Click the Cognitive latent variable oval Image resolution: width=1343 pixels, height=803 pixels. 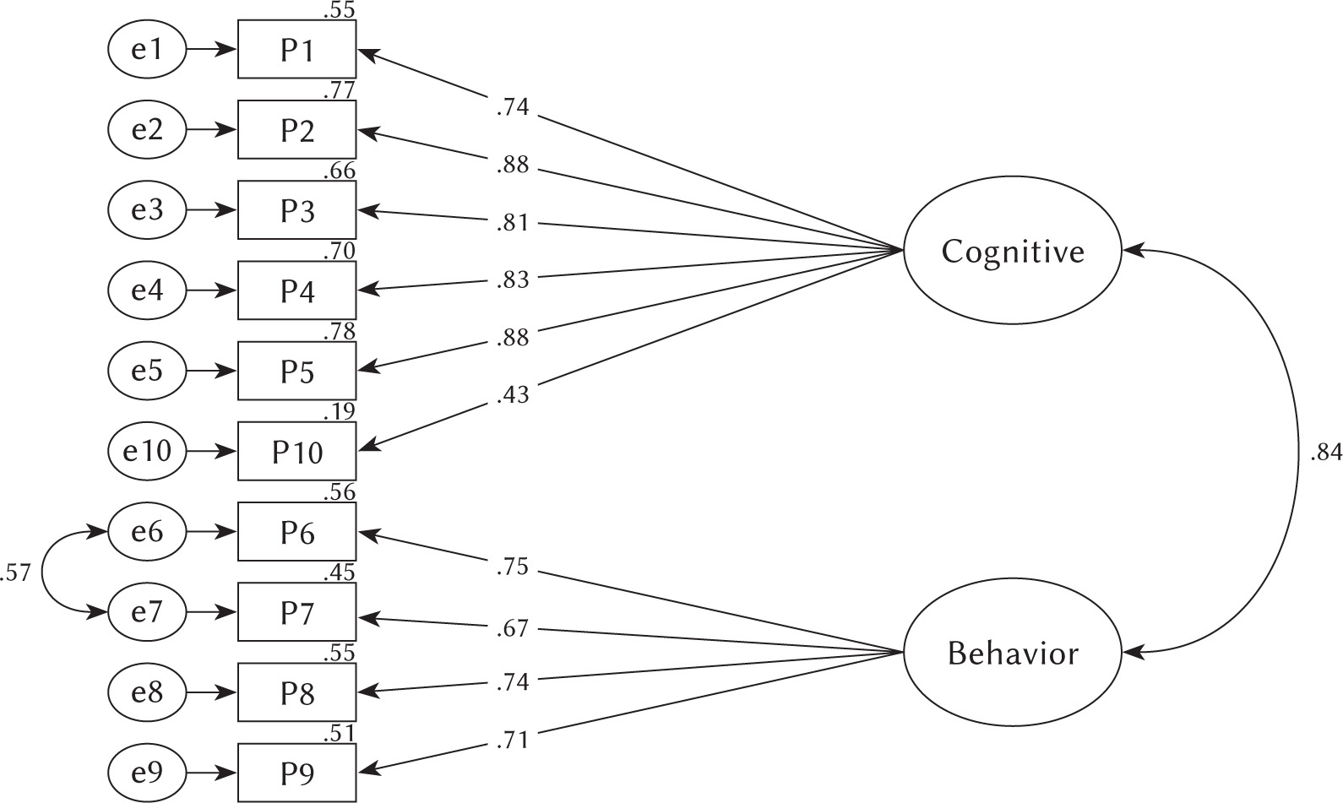1012,251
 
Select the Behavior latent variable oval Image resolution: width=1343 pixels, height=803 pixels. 1012,653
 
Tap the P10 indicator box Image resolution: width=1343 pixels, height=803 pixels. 297,452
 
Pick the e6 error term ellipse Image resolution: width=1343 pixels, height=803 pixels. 147,532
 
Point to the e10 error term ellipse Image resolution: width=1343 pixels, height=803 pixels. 147,452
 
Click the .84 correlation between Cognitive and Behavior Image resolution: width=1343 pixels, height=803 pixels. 1325,453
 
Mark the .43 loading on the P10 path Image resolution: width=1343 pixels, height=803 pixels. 513,393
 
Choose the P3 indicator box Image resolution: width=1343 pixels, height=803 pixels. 297,210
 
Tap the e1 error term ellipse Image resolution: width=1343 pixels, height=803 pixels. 147,50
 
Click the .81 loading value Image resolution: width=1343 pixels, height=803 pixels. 513,223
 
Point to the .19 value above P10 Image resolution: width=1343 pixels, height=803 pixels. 339,411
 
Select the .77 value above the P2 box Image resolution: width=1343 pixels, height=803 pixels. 339,90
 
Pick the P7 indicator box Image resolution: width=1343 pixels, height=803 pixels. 297,612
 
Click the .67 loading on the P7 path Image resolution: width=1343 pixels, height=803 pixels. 513,628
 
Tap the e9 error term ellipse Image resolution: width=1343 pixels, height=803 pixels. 147,773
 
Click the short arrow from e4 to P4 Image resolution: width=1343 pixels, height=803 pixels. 211,290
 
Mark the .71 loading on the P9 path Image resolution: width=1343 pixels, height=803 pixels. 513,741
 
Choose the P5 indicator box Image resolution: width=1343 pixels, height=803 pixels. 297,372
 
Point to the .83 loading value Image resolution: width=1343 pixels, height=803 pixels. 513,279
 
